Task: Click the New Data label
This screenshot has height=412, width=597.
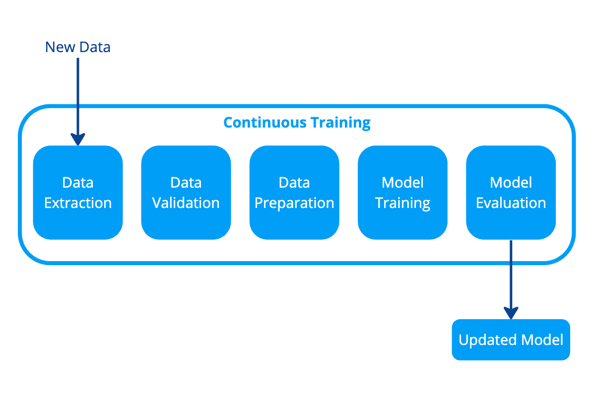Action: [77, 47]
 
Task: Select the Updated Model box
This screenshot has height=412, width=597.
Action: [511, 340]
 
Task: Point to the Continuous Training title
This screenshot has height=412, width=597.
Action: [297, 123]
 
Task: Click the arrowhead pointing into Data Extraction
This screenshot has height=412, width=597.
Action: [78, 139]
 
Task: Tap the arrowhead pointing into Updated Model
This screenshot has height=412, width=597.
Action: [511, 313]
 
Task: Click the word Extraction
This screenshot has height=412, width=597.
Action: [78, 203]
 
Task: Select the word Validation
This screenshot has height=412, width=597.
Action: [186, 203]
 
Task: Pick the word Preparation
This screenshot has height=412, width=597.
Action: [294, 203]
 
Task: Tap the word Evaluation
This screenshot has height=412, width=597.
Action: [511, 203]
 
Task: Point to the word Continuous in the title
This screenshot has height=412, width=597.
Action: [265, 123]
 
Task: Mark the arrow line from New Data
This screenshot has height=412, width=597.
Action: [78, 94]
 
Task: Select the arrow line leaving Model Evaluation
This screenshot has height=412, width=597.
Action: [511, 273]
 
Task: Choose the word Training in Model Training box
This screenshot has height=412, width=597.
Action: [402, 203]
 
